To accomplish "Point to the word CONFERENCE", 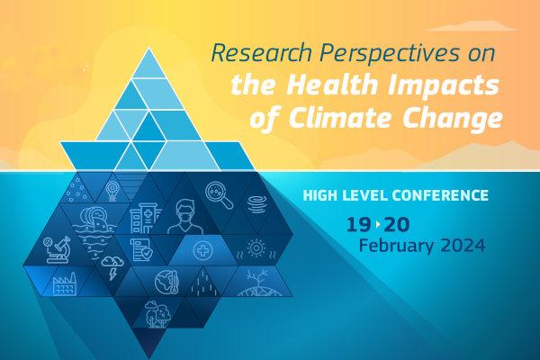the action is click(440, 195).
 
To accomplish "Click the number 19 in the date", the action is click(358, 225).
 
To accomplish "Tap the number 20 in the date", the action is click(398, 225).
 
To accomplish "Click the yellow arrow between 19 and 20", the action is click(378, 225).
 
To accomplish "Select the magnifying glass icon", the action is click(220, 195).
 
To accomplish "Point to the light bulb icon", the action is click(112, 191).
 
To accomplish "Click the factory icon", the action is click(65, 283).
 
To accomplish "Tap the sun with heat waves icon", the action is click(256, 248).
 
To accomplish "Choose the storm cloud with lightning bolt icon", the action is click(112, 267).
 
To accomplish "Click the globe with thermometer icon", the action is click(166, 282).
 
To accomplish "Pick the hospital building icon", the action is click(145, 218).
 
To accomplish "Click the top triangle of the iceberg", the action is click(148, 67).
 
